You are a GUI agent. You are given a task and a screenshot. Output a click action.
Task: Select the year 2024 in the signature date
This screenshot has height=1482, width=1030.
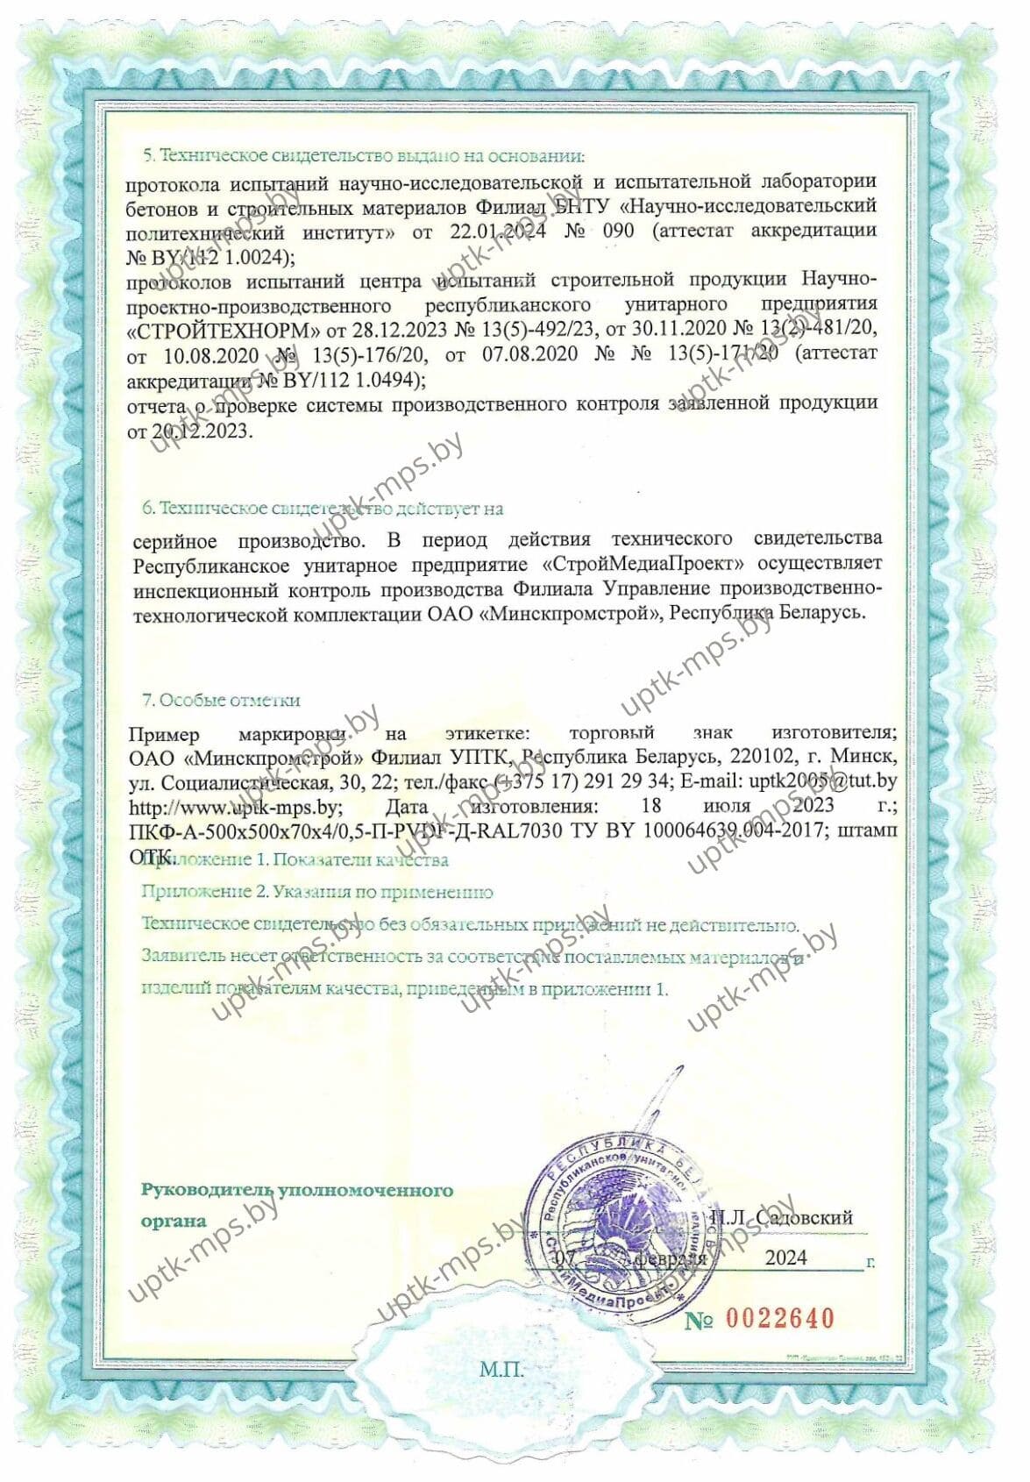[786, 1257]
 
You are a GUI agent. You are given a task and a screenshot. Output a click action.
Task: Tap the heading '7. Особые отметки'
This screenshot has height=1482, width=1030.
[221, 700]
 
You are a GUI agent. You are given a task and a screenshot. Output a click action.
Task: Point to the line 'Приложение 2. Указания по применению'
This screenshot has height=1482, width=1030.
[317, 892]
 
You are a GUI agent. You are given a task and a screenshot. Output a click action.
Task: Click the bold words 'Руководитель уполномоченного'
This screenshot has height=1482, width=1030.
[297, 1190]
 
